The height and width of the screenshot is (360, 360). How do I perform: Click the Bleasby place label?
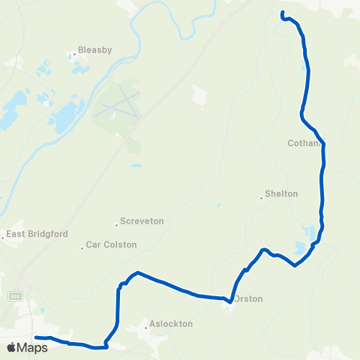pos(95,50)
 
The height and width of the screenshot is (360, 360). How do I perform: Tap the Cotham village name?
pos(304,142)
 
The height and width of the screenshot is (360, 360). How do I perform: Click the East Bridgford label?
pos(37,234)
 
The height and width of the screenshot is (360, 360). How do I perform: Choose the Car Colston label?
pos(112,244)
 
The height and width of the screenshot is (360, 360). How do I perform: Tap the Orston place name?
pos(248,298)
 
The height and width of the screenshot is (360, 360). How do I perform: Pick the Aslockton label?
pos(171,324)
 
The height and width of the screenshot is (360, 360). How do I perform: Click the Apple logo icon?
pos(12,347)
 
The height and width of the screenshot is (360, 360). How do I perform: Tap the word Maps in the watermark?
pos(33,347)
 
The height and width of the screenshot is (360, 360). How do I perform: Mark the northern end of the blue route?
pos(283,13)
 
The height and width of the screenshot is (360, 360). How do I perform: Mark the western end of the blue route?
pos(35,337)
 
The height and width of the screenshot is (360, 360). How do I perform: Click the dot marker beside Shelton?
pos(261,198)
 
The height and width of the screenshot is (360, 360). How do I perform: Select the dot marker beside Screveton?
pos(117,223)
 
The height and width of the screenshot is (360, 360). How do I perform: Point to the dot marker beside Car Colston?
pos(82,248)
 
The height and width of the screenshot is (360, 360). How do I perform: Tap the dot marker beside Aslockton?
pos(146,327)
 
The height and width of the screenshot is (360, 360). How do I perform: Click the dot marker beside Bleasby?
pos(75,54)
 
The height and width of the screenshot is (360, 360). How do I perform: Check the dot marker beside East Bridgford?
pos(3,238)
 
